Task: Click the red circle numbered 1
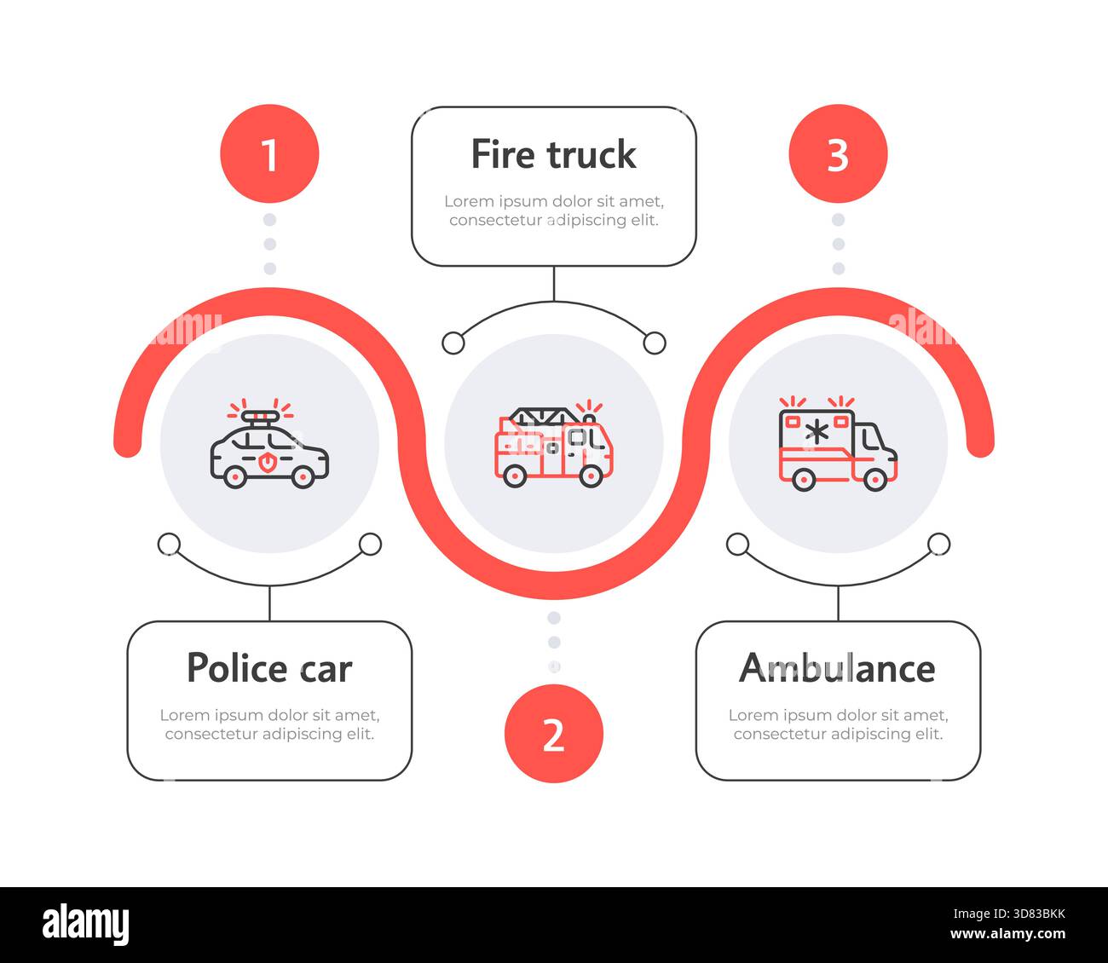point(269,154)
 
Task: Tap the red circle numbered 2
point(553,733)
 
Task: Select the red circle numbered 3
point(838,154)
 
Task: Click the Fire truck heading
point(553,154)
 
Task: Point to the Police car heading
point(269,668)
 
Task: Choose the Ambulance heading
point(837,668)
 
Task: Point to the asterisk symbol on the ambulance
point(817,432)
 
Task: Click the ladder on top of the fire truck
point(542,416)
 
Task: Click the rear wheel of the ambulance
point(803,479)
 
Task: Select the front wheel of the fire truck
point(590,476)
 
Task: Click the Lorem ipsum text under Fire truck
point(553,210)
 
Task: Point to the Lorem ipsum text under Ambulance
point(838,724)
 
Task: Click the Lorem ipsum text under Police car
point(269,724)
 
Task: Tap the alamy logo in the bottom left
point(86,925)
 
